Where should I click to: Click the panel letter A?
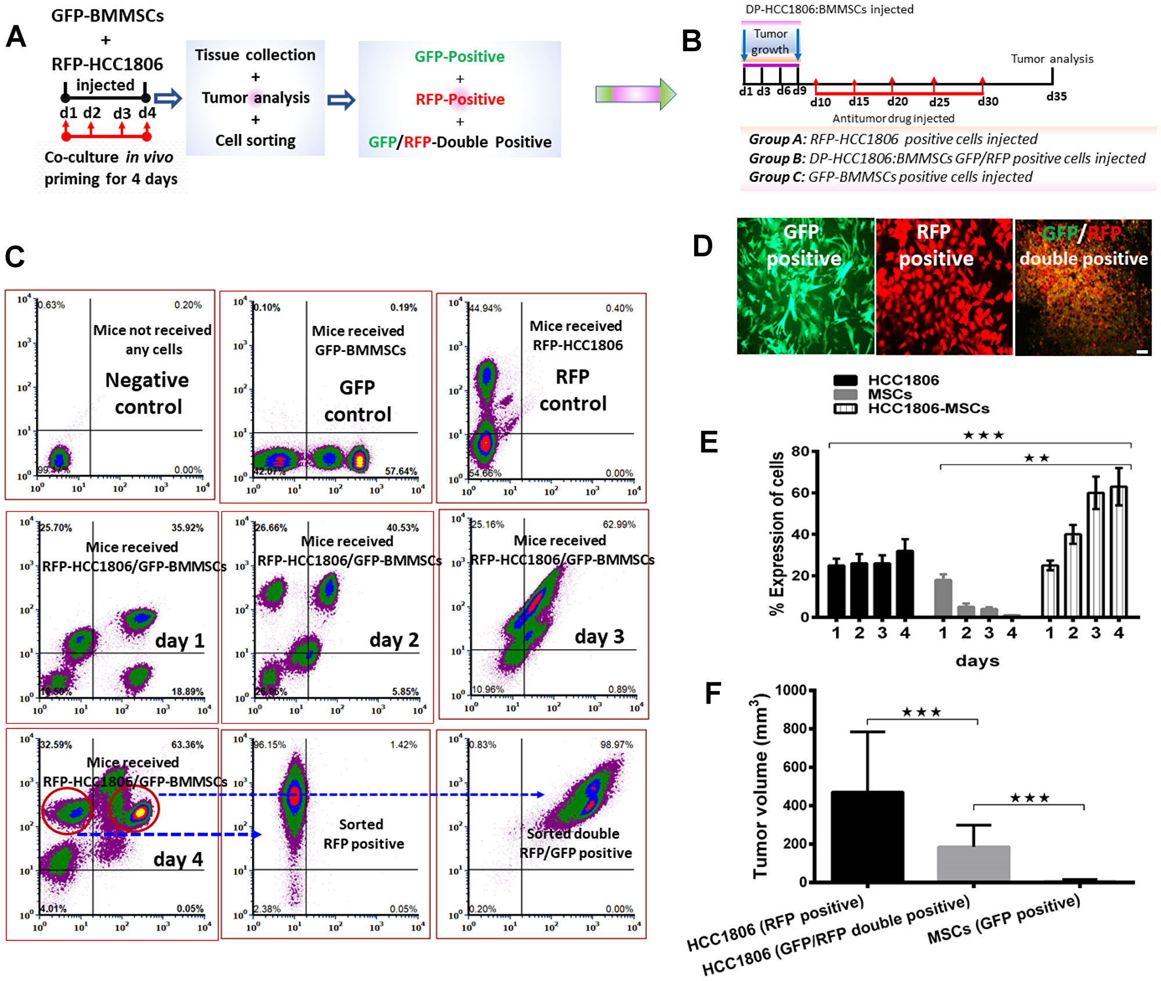tap(16, 37)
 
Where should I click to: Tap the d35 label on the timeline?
tap(1056, 96)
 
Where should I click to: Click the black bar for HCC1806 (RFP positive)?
tap(867, 836)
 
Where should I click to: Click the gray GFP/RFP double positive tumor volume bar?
tap(973, 864)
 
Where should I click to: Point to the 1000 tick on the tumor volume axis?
tap(791, 690)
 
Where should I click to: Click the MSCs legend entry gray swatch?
tap(845, 394)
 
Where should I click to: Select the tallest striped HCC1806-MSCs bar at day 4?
tap(1118, 552)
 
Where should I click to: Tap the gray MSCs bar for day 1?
tap(943, 598)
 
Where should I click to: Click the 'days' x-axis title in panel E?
tap(977, 661)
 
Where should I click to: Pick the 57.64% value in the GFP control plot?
tap(401, 471)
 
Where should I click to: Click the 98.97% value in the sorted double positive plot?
tap(616, 745)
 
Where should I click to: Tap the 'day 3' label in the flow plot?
tap(599, 637)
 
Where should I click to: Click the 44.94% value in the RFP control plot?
tap(485, 308)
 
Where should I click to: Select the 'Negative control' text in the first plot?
tap(147, 393)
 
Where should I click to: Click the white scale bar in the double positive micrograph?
tap(1141, 352)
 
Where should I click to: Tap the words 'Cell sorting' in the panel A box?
tap(255, 141)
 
